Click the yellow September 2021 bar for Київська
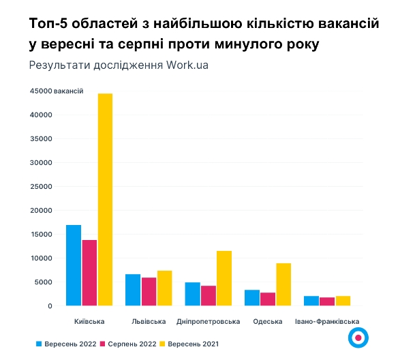coord(105,200)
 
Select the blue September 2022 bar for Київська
coord(74,265)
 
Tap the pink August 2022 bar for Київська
coord(89,273)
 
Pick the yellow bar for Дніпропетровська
coord(224,278)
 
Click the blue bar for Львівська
coord(133,290)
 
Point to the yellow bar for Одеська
coord(283,284)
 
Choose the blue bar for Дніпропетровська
coord(192,294)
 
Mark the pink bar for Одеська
coord(268,299)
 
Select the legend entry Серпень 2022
coord(130,344)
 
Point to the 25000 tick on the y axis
coord(41,187)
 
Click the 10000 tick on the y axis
coord(41,258)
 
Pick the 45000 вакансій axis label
coord(56,91)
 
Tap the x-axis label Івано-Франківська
coord(326,321)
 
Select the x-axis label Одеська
coord(268,321)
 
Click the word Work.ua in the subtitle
coord(184,65)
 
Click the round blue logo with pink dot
coord(358,337)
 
